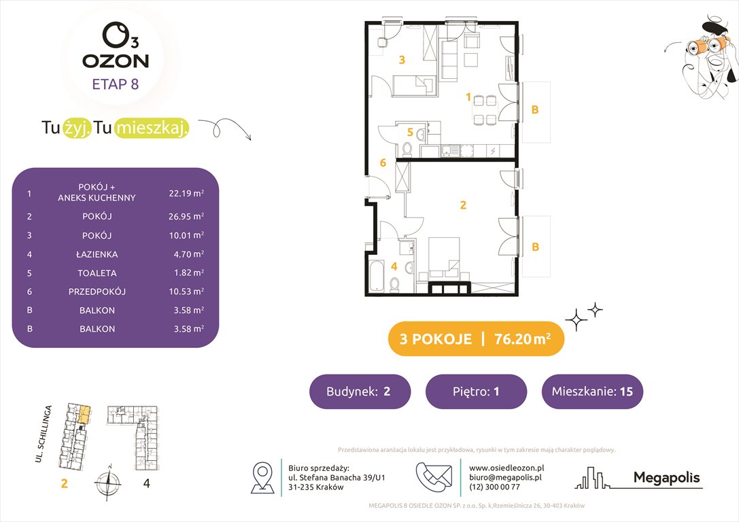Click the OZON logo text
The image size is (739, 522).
click(x=116, y=60)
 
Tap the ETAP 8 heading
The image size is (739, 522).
click(x=116, y=85)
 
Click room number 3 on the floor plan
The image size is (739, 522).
click(x=402, y=60)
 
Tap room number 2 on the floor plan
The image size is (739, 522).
click(x=463, y=205)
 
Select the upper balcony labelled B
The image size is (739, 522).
click(x=535, y=110)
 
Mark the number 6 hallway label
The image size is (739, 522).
click(x=383, y=163)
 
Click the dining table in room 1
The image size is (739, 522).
click(x=485, y=109)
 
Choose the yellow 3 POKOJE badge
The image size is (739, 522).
click(x=476, y=339)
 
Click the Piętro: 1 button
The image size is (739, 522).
click(x=476, y=391)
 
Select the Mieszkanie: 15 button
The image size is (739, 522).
click(x=591, y=391)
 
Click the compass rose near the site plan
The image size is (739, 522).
click(x=107, y=485)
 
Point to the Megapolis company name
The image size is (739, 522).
click(x=666, y=478)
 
